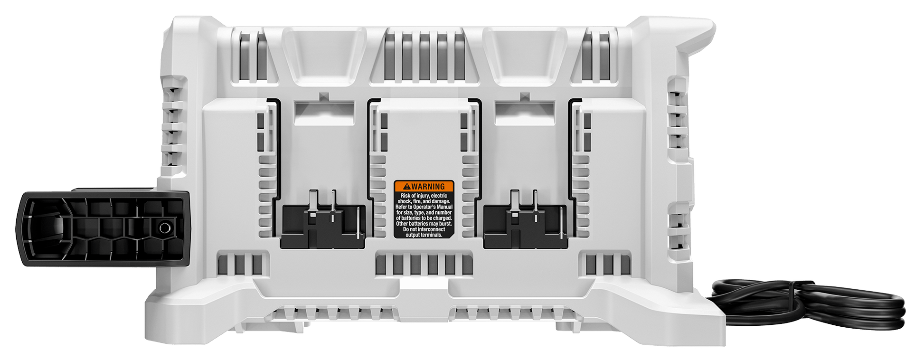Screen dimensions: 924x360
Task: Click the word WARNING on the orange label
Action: [428, 187]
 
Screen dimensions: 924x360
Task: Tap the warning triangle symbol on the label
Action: [406, 187]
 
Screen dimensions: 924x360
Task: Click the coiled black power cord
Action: [807, 304]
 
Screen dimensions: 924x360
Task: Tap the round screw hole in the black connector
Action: [164, 228]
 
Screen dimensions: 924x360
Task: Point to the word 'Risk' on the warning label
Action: [405, 196]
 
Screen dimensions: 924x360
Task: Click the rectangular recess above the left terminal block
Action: [324, 113]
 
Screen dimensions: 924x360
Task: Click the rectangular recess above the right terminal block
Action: [525, 113]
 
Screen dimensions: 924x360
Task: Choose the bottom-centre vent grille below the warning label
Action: [424, 265]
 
